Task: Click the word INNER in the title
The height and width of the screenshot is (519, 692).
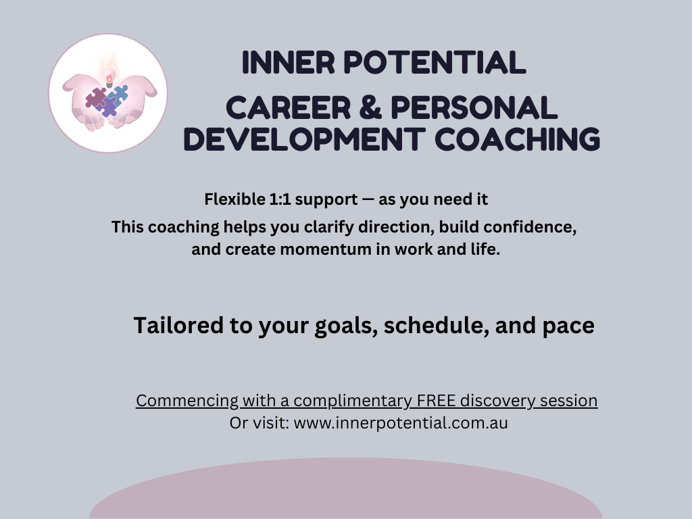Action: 288,62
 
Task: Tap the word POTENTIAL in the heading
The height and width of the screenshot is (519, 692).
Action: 435,62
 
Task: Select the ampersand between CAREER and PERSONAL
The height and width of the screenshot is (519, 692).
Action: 370,108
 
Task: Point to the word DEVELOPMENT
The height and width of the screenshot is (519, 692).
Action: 304,139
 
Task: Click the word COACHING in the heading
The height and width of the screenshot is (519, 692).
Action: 517,139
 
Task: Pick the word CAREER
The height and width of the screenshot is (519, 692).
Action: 288,108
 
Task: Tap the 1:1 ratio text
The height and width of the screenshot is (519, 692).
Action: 280,199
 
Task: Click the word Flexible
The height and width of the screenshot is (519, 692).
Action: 234,199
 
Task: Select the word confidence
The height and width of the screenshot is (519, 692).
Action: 530,227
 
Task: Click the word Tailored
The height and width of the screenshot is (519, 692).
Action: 178,325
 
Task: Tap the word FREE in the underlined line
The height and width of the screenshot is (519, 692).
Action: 436,401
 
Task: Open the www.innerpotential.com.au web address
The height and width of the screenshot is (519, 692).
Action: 401,423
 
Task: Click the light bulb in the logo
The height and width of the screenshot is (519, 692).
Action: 109,76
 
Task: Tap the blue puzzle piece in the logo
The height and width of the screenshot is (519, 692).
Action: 118,94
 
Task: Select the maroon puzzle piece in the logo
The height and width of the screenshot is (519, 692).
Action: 95,98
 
